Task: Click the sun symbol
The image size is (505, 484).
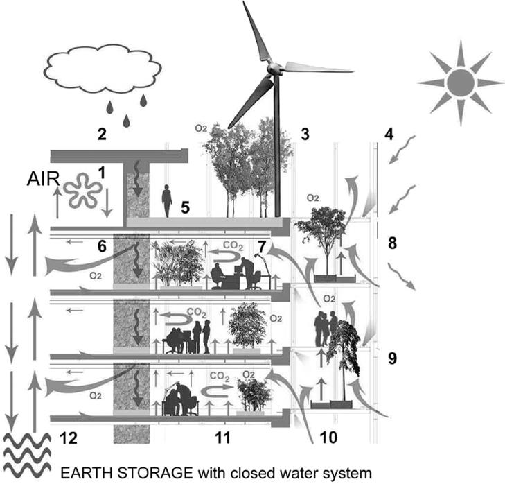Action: (461, 83)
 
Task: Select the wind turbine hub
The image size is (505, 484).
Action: (275, 67)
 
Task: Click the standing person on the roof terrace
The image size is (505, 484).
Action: (166, 201)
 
